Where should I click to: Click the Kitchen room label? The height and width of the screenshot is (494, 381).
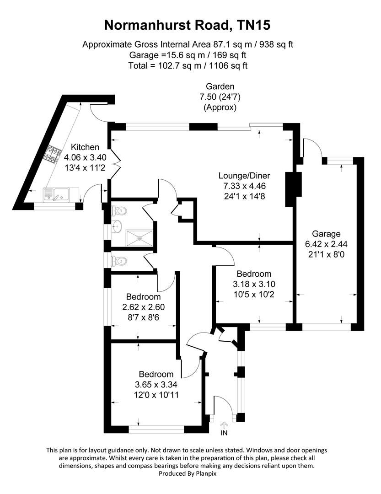coord(85,147)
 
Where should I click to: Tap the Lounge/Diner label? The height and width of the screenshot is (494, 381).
coord(244,176)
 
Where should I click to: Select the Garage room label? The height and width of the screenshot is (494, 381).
coord(326,234)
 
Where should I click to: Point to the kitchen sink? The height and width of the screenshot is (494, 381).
coord(57,194)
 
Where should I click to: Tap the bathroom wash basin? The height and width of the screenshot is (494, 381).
coord(117,226)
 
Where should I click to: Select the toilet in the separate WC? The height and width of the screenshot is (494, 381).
coord(119,261)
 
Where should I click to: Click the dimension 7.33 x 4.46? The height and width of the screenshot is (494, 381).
coord(244,186)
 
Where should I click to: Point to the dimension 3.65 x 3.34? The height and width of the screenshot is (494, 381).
coord(156,385)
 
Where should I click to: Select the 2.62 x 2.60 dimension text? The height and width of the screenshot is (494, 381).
coord(143,307)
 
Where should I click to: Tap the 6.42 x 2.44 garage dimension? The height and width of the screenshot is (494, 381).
coord(326,244)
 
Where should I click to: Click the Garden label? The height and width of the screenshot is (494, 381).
coord(220,86)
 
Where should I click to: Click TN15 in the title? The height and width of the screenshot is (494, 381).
coord(254,25)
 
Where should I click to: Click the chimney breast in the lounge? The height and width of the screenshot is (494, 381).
coord(293,189)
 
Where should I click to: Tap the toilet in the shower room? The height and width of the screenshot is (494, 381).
coord(119,210)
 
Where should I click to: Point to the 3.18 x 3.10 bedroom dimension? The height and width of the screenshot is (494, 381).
coord(254,284)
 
